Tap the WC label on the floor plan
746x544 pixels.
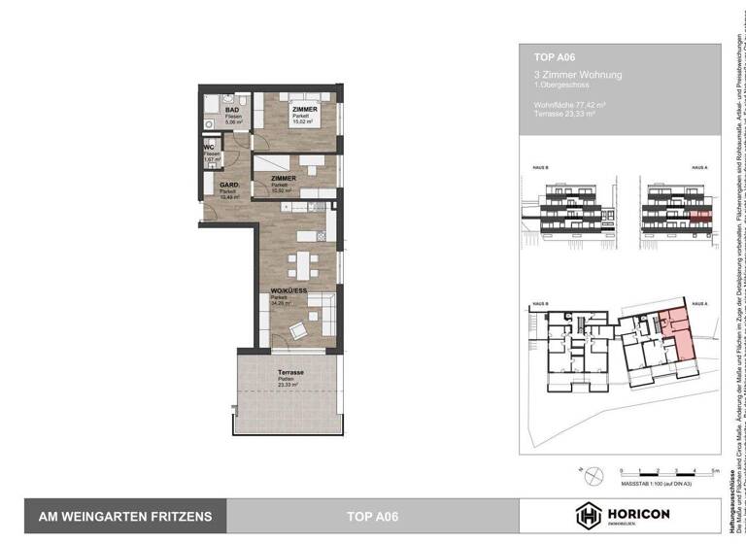[208, 148]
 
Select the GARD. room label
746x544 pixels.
[229, 185]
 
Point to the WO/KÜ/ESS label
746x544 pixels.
[289, 291]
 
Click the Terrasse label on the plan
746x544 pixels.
[289, 373]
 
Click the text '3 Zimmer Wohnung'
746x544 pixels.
[577, 75]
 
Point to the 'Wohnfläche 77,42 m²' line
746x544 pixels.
[578, 104]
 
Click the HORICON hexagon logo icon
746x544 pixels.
[590, 516]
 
